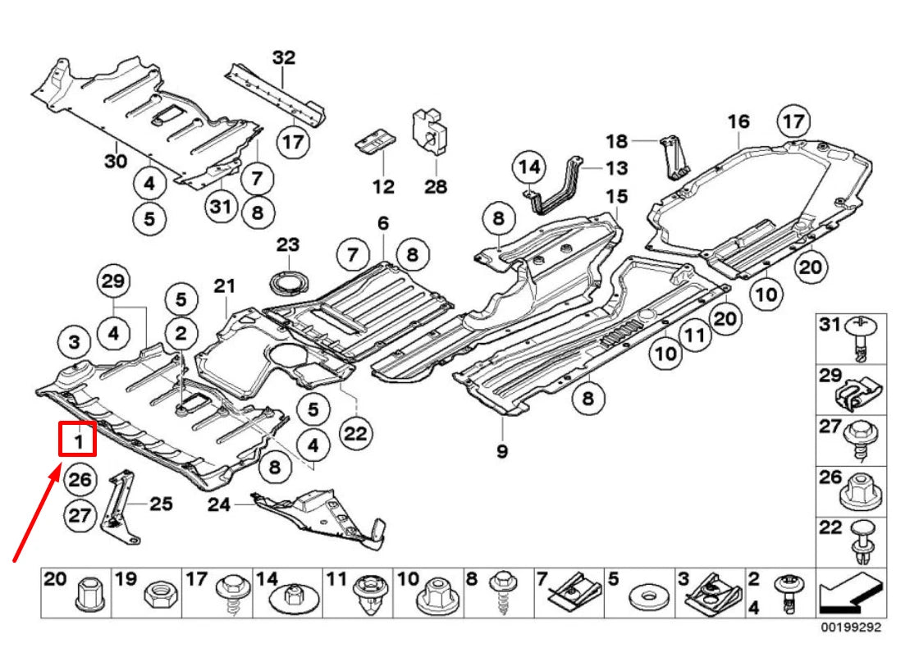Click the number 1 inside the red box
pos(79,441)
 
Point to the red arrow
pos(36,513)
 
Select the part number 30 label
pos(116,161)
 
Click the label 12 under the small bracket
pos(383,186)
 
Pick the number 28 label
pos(436,186)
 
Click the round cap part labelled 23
pos(288,281)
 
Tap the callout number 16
pos(738,121)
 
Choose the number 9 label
pos(502,450)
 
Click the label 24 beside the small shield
pos(219,504)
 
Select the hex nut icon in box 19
pos(156,593)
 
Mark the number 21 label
pos(225,286)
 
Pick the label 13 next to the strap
pos(617,168)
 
